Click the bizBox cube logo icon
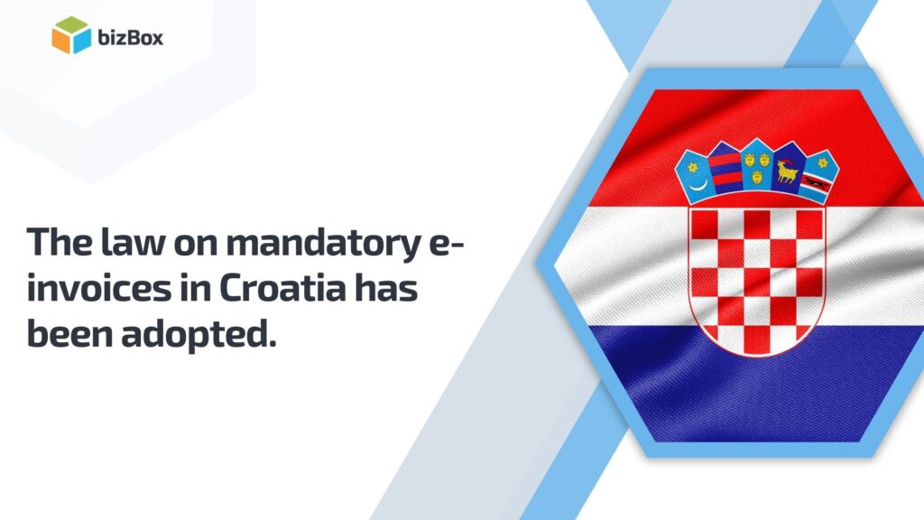click(x=71, y=35)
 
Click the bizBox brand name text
click(x=132, y=38)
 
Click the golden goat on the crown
click(x=788, y=171)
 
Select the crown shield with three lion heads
click(x=756, y=162)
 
